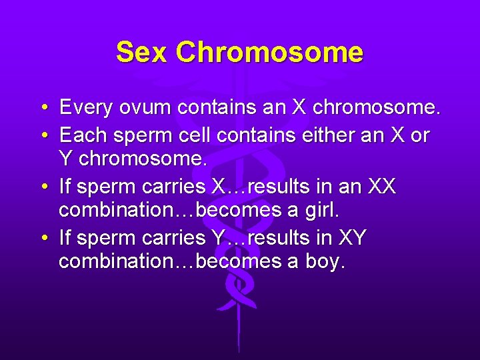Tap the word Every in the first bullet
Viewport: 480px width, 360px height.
pos(87,107)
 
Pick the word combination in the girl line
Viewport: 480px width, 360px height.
pos(110,211)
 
